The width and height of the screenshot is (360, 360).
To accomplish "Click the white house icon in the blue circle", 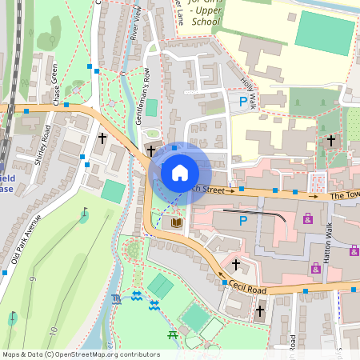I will pyautogui.click(x=180, y=172).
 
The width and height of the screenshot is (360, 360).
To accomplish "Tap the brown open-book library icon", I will pyautogui.click(x=176, y=222).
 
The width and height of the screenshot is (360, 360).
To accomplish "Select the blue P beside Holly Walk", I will pyautogui.click(x=243, y=102).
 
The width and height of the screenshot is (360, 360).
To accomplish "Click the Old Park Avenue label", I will pyautogui.click(x=31, y=241).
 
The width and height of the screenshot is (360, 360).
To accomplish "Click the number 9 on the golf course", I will pyautogui.click(x=33, y=279).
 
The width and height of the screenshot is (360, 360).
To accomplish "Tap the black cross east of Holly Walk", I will pyautogui.click(x=331, y=140).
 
